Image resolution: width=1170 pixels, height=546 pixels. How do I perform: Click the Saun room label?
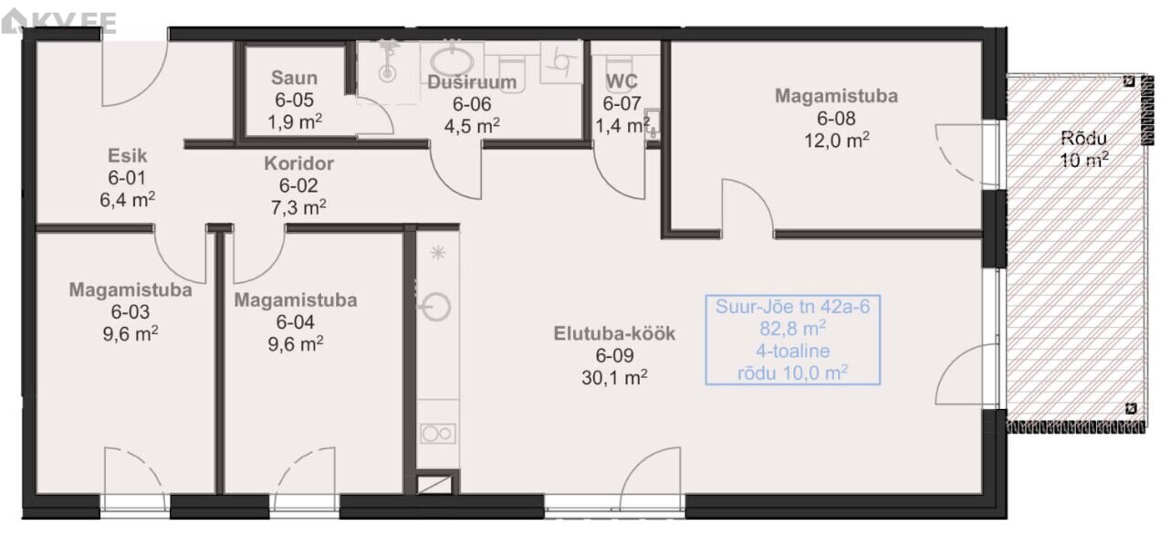pos(294,78)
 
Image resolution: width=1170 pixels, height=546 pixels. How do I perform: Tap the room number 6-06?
pos(472,104)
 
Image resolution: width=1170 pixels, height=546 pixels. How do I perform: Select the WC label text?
pos(622,81)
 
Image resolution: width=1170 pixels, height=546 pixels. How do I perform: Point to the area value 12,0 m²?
pos(836,140)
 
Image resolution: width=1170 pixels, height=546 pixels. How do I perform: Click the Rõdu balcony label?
pos(1084,139)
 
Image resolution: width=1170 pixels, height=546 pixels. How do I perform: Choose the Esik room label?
pos(127,156)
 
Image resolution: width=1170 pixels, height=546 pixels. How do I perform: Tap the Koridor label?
pos(298,163)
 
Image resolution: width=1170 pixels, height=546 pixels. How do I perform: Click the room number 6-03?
pos(131,312)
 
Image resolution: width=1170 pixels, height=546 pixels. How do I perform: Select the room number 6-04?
pos(295,322)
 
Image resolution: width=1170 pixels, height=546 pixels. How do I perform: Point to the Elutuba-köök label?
pos(614,333)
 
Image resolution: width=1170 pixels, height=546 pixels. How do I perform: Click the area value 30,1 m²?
pos(614,377)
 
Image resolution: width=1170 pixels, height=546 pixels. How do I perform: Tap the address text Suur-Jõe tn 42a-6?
pos(792,307)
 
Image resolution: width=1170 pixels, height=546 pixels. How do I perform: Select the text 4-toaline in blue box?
pos(792,351)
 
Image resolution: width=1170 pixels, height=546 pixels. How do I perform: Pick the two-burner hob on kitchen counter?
pos(438,434)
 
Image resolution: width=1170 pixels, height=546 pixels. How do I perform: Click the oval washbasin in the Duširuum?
pos(452,62)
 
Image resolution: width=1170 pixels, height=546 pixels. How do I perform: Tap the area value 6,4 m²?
pos(127,199)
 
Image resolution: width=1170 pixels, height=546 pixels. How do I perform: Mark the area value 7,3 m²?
pos(298,207)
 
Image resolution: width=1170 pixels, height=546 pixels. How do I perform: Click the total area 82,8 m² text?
pos(792,329)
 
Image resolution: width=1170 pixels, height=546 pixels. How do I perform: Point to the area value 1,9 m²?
pos(295,121)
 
